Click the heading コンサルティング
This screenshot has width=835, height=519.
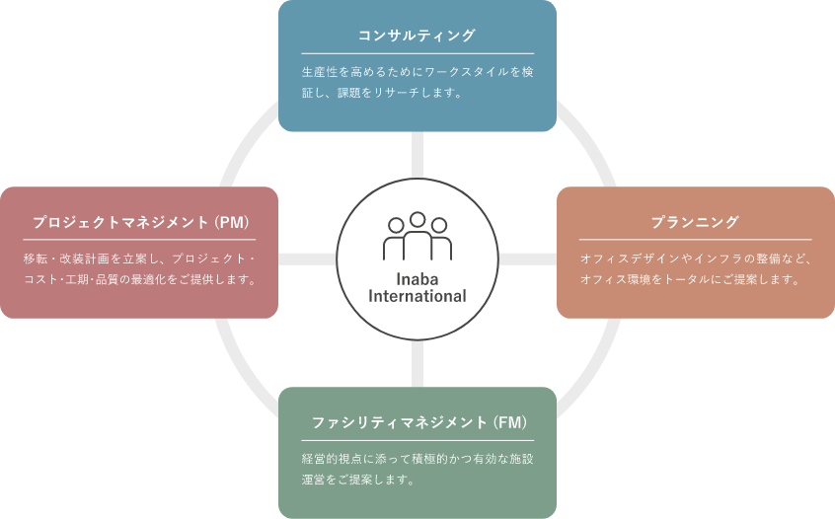pyautogui.click(x=417, y=37)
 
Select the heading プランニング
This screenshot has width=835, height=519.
pyautogui.click(x=695, y=222)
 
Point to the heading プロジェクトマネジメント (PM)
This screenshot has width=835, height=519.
pyautogui.click(x=138, y=222)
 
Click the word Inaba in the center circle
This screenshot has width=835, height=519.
pyautogui.click(x=417, y=278)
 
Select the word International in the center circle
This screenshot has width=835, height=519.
pyautogui.click(x=417, y=296)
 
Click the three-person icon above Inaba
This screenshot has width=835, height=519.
pyautogui.click(x=417, y=237)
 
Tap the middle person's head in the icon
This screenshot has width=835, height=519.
pyautogui.click(x=417, y=220)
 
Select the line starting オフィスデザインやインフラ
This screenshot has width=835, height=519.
pyautogui.click(x=695, y=259)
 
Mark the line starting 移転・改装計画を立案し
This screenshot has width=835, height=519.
pyautogui.click(x=138, y=259)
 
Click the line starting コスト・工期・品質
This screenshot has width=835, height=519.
pyautogui.click(x=138, y=279)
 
